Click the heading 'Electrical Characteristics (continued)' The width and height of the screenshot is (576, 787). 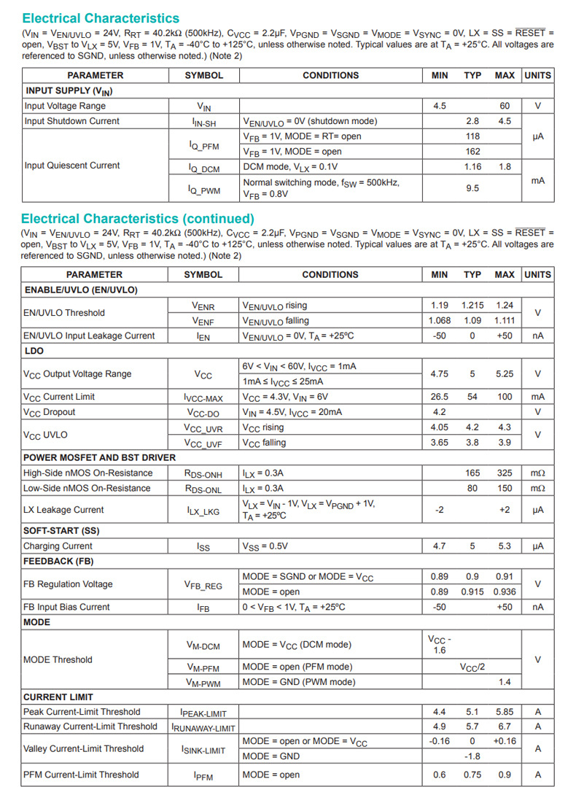(x=137, y=219)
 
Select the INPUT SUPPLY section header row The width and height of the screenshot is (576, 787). (x=69, y=91)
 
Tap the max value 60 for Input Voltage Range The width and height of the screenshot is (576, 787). (x=505, y=106)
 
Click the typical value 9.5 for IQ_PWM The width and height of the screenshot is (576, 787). (x=472, y=188)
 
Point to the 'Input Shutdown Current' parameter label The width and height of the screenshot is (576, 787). (x=71, y=121)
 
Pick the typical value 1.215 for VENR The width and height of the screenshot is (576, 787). (x=472, y=306)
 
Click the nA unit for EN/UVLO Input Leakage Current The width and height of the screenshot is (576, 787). (x=538, y=336)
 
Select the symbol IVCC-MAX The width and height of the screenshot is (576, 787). (x=203, y=398)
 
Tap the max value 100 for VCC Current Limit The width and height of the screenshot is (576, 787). (x=505, y=397)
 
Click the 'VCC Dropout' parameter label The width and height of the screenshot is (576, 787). (x=49, y=412)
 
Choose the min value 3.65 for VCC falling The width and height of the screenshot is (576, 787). (x=440, y=443)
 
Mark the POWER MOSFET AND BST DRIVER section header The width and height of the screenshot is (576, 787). (x=99, y=457)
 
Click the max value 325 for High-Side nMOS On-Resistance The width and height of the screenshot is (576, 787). (x=505, y=473)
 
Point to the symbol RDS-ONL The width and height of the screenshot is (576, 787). (x=203, y=489)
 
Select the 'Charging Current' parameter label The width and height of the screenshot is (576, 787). (x=58, y=546)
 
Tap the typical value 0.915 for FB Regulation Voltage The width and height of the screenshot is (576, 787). (x=472, y=592)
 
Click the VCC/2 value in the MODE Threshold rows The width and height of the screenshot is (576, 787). (x=472, y=667)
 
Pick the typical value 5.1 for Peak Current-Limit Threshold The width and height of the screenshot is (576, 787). (x=472, y=712)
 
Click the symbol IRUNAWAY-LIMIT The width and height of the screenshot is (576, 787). (x=203, y=727)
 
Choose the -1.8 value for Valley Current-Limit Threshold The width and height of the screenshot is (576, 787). (x=472, y=756)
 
